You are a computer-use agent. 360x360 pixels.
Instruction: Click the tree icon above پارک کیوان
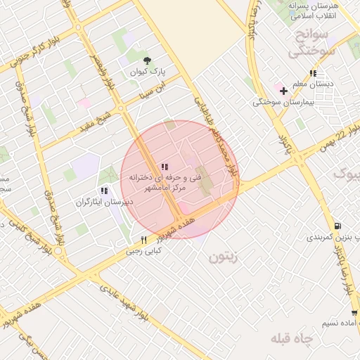coord(147,60)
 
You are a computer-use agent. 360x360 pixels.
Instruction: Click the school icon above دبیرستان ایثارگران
coord(104,191)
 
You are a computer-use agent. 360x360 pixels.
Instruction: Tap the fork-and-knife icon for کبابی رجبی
coord(144,240)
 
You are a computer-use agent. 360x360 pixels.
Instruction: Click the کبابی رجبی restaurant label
coord(144,250)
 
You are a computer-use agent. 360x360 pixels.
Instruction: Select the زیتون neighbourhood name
coord(224,257)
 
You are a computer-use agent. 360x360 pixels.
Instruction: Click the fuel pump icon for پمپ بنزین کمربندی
coord(338,226)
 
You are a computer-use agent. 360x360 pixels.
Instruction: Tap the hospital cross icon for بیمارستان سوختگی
coord(283,91)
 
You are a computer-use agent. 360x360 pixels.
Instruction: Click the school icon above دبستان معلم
coord(312,73)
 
